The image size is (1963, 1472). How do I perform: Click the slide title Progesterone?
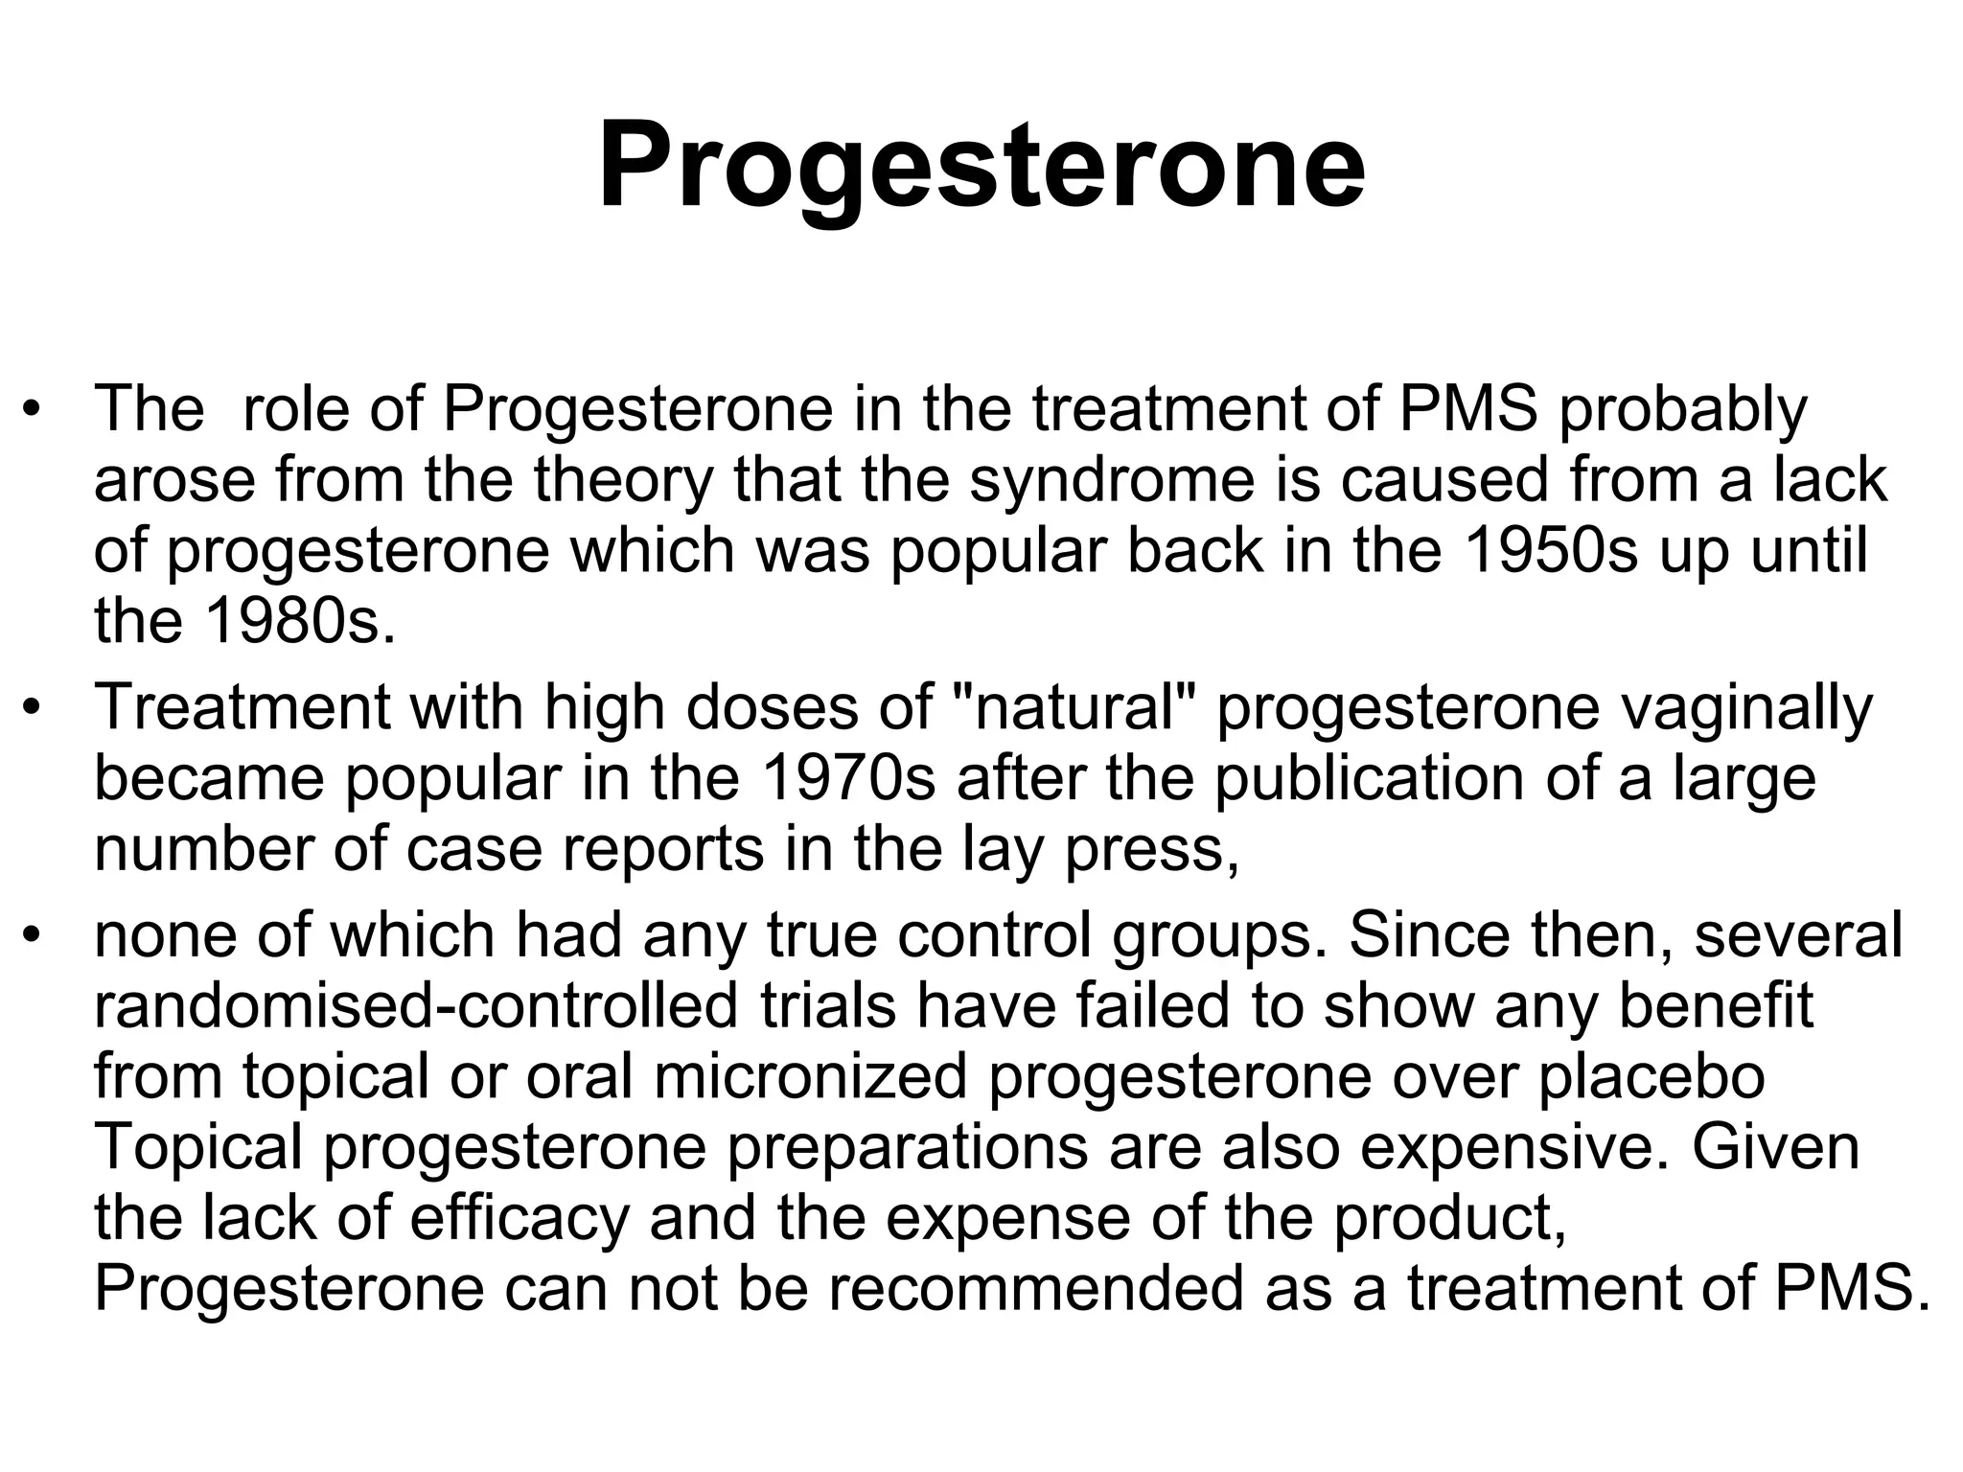coord(981,165)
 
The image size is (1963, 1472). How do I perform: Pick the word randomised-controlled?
coord(416,1005)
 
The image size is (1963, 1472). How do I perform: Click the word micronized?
coord(811,1075)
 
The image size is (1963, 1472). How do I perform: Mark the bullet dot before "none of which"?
coord(34,935)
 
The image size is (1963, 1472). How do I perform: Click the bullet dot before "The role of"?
coord(34,411)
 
